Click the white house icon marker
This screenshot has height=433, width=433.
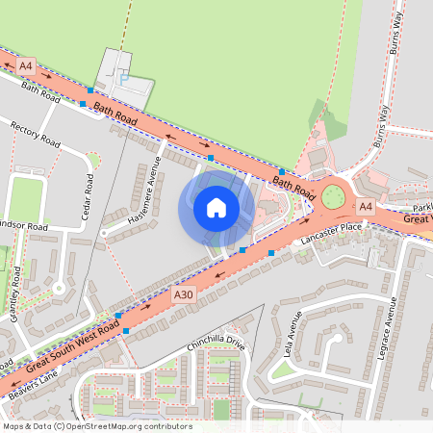coord(216,207)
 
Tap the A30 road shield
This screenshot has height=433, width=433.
coord(184,293)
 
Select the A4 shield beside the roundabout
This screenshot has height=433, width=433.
coord(365,207)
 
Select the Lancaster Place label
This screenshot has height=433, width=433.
coord(330,229)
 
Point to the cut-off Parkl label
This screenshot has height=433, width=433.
coord(421,207)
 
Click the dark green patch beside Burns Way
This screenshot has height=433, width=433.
coord(328,124)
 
